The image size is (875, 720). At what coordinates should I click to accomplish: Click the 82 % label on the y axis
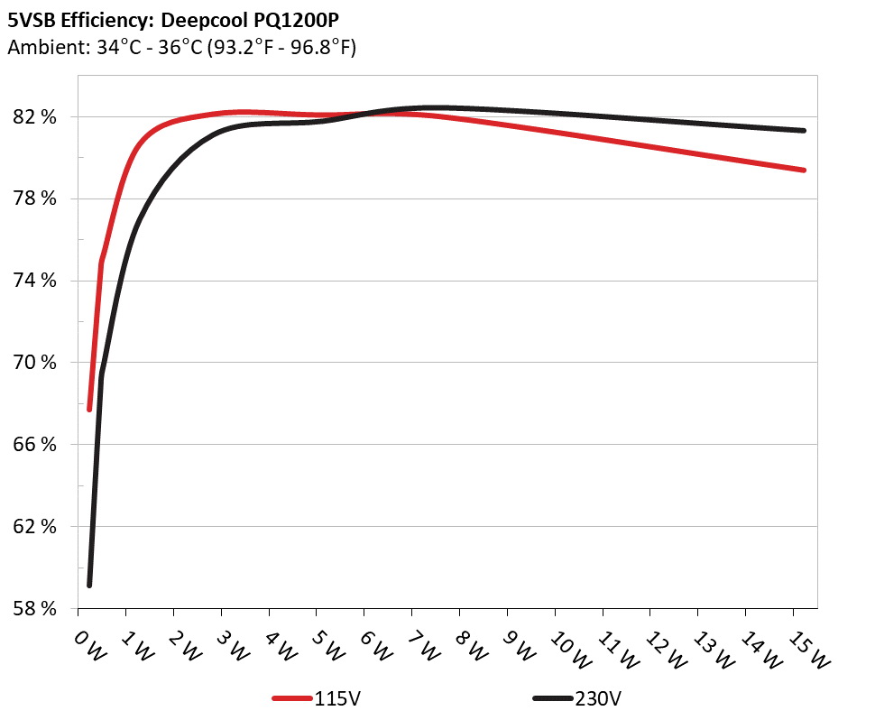(x=36, y=117)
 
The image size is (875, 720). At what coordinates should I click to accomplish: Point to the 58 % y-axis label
(x=36, y=609)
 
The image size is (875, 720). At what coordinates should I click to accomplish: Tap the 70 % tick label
(x=36, y=363)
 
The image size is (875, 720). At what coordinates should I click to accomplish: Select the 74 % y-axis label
(x=36, y=281)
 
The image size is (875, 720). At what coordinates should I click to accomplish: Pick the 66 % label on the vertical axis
(x=36, y=445)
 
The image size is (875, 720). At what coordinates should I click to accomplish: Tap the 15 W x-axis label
(x=809, y=647)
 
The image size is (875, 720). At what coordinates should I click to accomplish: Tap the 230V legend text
(x=598, y=698)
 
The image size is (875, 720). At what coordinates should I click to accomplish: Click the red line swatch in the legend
(x=292, y=698)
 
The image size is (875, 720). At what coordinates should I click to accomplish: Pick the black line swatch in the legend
(x=551, y=698)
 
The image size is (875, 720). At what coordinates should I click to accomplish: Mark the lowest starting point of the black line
(x=89, y=585)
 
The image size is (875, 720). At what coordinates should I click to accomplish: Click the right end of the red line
(x=803, y=170)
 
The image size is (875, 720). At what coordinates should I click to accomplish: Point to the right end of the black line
(x=803, y=131)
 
